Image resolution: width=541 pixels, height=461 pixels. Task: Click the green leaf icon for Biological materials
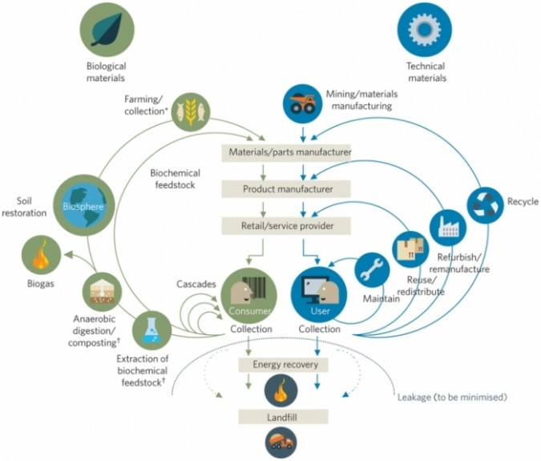tap(106, 29)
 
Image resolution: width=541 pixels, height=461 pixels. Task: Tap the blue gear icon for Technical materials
tap(424, 29)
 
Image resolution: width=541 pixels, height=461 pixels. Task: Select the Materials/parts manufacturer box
tap(286, 152)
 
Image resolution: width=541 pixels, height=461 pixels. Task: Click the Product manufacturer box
tap(286, 189)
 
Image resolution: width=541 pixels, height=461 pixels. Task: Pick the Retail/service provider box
tap(286, 226)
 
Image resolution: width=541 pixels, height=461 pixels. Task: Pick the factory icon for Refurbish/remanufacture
tap(447, 227)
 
